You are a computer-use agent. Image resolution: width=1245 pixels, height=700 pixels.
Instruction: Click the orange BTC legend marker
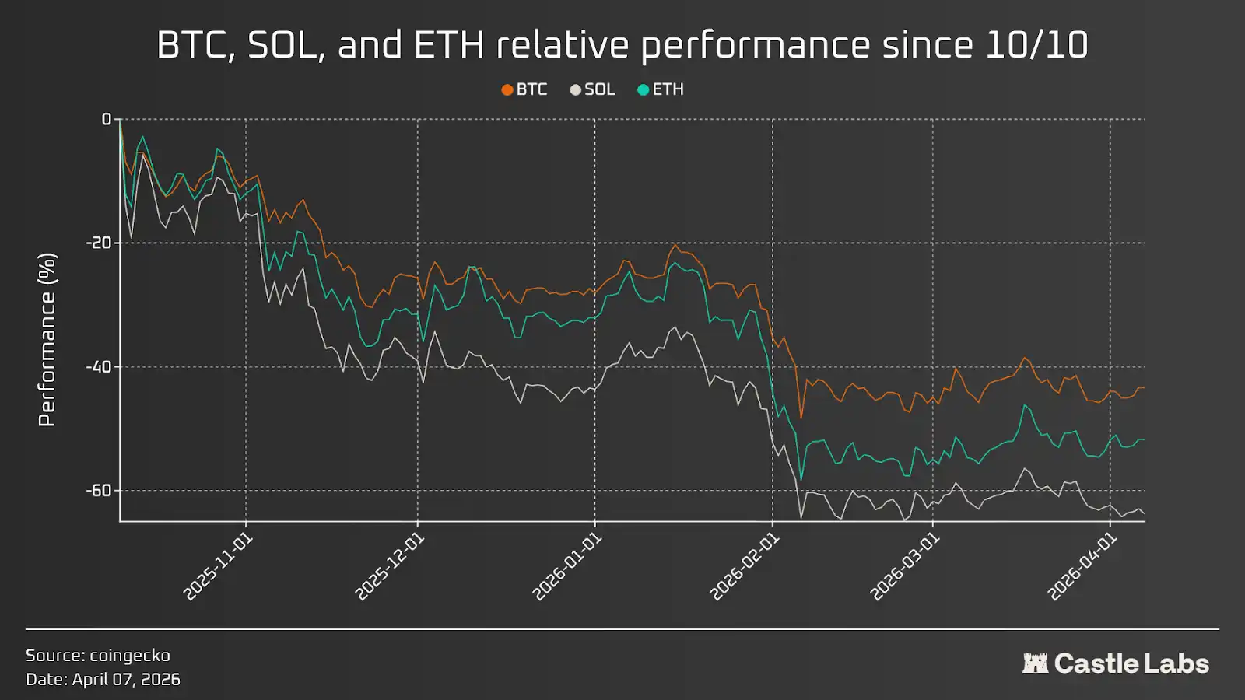(x=507, y=90)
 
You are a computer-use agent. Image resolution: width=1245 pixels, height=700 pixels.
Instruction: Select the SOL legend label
(x=599, y=89)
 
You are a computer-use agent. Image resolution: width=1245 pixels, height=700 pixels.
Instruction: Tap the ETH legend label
(x=668, y=89)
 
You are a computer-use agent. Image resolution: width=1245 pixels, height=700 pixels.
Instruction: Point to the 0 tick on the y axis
(x=107, y=119)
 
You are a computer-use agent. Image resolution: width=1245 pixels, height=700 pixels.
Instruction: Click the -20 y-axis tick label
(x=99, y=243)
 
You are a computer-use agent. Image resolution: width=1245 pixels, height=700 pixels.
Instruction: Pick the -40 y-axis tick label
(x=99, y=366)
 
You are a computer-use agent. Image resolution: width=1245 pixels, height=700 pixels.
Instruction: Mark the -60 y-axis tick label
(x=99, y=490)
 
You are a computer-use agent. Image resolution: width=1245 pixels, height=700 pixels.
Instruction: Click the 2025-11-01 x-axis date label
(x=218, y=567)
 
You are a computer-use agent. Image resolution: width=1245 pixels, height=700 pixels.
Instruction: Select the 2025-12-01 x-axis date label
(x=389, y=567)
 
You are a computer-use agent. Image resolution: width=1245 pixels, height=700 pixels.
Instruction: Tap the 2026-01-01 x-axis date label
(x=566, y=567)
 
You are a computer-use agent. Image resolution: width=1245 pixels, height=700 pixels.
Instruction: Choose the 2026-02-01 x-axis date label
(x=744, y=567)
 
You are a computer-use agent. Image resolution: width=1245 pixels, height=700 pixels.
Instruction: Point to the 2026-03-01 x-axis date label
(x=904, y=567)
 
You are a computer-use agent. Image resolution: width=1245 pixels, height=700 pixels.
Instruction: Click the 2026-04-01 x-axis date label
(x=1082, y=567)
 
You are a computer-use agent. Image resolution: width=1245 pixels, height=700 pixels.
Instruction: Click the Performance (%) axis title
(x=47, y=339)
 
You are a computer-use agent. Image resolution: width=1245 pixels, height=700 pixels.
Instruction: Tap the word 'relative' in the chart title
(x=563, y=45)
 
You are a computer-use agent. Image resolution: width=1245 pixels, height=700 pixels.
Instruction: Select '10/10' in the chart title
(x=1036, y=45)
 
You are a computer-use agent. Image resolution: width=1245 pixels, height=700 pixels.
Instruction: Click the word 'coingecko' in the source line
(x=130, y=656)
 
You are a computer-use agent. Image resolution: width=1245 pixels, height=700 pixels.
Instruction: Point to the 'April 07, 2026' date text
(x=126, y=679)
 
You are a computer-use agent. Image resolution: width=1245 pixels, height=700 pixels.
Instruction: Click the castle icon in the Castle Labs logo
(x=1035, y=663)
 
